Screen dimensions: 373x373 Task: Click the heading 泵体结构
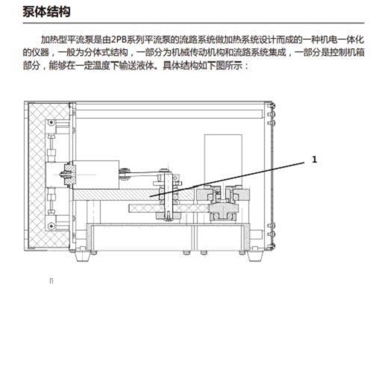pos(46,11)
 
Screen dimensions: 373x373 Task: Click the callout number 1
pos(314,159)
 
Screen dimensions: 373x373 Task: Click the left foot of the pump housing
pos(82,256)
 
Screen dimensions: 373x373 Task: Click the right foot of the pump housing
pos(255,256)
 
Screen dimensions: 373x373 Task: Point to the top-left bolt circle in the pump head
pos(51,122)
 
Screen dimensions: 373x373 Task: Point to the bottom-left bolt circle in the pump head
pos(51,226)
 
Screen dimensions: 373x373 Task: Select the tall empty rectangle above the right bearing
pos(223,160)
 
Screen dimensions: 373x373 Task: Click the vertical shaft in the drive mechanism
pos(168,195)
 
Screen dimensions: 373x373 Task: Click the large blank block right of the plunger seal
pos(96,175)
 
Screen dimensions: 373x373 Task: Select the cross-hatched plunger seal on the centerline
pos(70,175)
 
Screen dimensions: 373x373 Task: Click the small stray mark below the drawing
pos(51,281)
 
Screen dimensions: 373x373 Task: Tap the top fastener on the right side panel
pos(271,106)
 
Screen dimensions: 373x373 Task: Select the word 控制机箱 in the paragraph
pos(348,52)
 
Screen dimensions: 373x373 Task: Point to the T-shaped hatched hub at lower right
pos(224,211)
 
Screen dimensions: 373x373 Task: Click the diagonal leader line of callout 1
pos(227,180)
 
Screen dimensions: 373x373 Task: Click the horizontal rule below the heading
pos(194,23)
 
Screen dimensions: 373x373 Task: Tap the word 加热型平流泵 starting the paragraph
pos(67,40)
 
